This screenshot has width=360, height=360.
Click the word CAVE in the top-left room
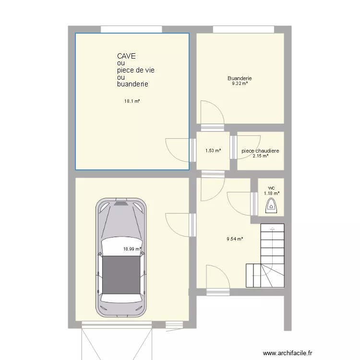point(127,56)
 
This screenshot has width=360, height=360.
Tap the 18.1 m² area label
point(132,101)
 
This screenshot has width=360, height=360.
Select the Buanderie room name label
point(240,78)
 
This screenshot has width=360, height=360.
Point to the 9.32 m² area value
point(240,84)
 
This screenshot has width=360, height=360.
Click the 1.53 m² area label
point(213,151)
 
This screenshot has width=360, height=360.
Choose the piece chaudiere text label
point(260,151)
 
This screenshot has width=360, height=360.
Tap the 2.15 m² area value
point(260,156)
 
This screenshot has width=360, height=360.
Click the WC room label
point(271,188)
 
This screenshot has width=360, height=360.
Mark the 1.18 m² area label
point(271,193)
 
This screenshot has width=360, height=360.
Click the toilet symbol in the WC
point(271,207)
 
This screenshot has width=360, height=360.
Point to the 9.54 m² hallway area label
point(235,239)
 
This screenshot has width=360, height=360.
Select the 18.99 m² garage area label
point(132,249)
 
